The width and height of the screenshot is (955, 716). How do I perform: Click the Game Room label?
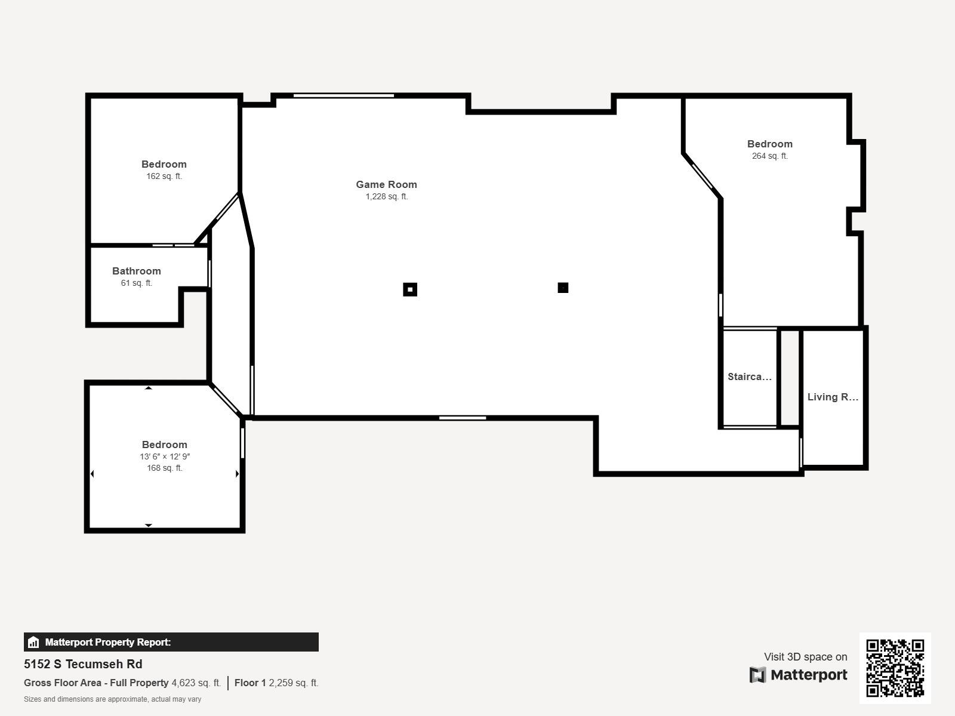pyautogui.click(x=386, y=184)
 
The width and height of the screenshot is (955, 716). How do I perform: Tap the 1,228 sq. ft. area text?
pyautogui.click(x=386, y=197)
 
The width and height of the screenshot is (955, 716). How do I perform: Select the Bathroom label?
pyautogui.click(x=136, y=271)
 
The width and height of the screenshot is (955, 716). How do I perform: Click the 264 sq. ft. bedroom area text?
pyautogui.click(x=769, y=156)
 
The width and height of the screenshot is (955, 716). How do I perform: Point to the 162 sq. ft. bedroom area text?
pyautogui.click(x=164, y=177)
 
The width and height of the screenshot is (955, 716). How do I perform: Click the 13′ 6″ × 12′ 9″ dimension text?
pyautogui.click(x=165, y=456)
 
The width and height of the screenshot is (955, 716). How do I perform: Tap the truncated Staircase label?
pyautogui.click(x=749, y=376)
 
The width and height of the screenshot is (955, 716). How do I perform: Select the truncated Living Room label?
pyautogui.click(x=832, y=397)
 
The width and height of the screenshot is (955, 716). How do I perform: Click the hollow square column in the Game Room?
pyautogui.click(x=410, y=289)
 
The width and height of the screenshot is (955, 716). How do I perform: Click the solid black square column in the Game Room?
pyautogui.click(x=563, y=288)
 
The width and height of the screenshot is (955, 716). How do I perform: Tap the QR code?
pyautogui.click(x=895, y=668)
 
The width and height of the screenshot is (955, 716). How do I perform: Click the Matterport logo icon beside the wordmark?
pyautogui.click(x=757, y=675)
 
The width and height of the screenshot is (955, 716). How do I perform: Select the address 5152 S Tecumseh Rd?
pyautogui.click(x=83, y=664)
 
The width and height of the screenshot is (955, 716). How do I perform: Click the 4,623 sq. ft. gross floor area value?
pyautogui.click(x=196, y=683)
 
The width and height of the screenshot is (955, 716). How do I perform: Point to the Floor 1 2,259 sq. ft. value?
pyautogui.click(x=276, y=683)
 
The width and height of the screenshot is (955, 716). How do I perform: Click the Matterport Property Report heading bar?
pyautogui.click(x=171, y=642)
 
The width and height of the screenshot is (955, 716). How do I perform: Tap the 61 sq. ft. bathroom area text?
pyautogui.click(x=136, y=283)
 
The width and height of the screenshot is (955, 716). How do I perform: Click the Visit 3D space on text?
pyautogui.click(x=805, y=657)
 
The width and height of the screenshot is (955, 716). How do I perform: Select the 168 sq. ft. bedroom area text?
pyautogui.click(x=165, y=468)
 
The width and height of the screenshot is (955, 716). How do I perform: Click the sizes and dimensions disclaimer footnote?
pyautogui.click(x=112, y=699)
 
